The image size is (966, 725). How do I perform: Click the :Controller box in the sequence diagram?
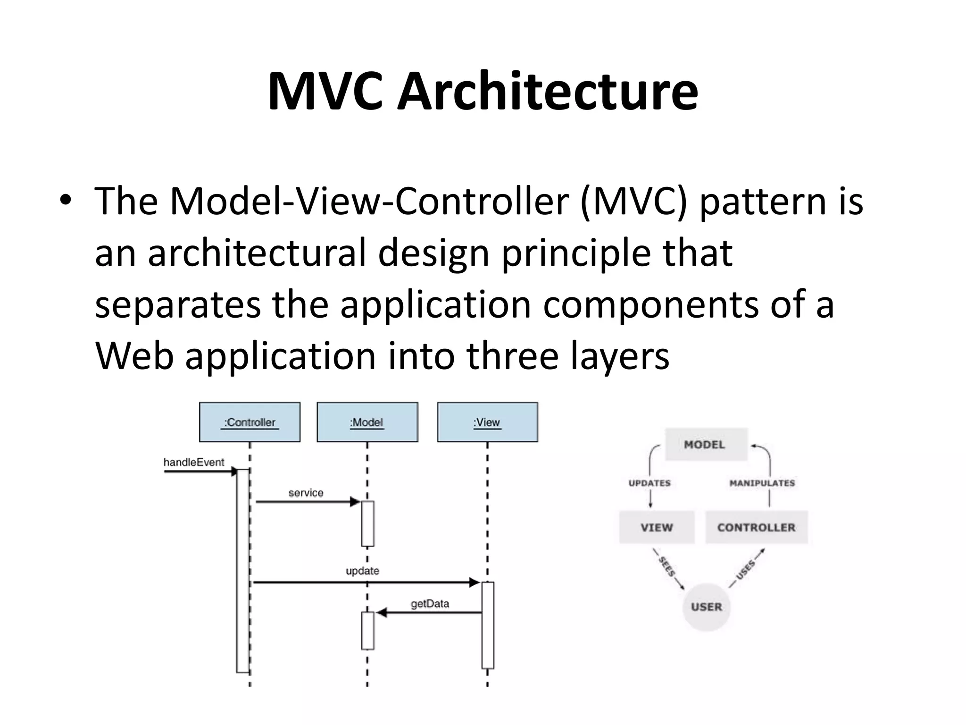pyautogui.click(x=250, y=422)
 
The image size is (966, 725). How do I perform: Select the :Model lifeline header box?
pyautogui.click(x=367, y=422)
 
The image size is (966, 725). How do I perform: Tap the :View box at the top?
pyautogui.click(x=487, y=422)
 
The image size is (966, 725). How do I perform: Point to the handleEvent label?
pyautogui.click(x=194, y=463)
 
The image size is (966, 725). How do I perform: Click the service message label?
pyautogui.click(x=306, y=493)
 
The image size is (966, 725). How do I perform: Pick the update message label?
pyautogui.click(x=362, y=571)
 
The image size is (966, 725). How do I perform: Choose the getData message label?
pyautogui.click(x=430, y=604)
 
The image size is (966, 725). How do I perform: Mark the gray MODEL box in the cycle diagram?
pyautogui.click(x=706, y=444)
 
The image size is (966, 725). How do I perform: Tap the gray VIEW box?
pyautogui.click(x=657, y=527)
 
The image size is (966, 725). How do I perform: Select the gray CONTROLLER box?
pyautogui.click(x=756, y=527)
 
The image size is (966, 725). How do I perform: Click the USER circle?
pyautogui.click(x=706, y=607)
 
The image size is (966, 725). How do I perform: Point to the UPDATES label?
pyautogui.click(x=650, y=483)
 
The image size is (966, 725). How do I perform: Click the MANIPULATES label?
pyautogui.click(x=762, y=483)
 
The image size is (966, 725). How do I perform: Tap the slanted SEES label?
pyautogui.click(x=667, y=567)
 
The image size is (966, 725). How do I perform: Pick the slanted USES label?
pyautogui.click(x=746, y=570)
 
